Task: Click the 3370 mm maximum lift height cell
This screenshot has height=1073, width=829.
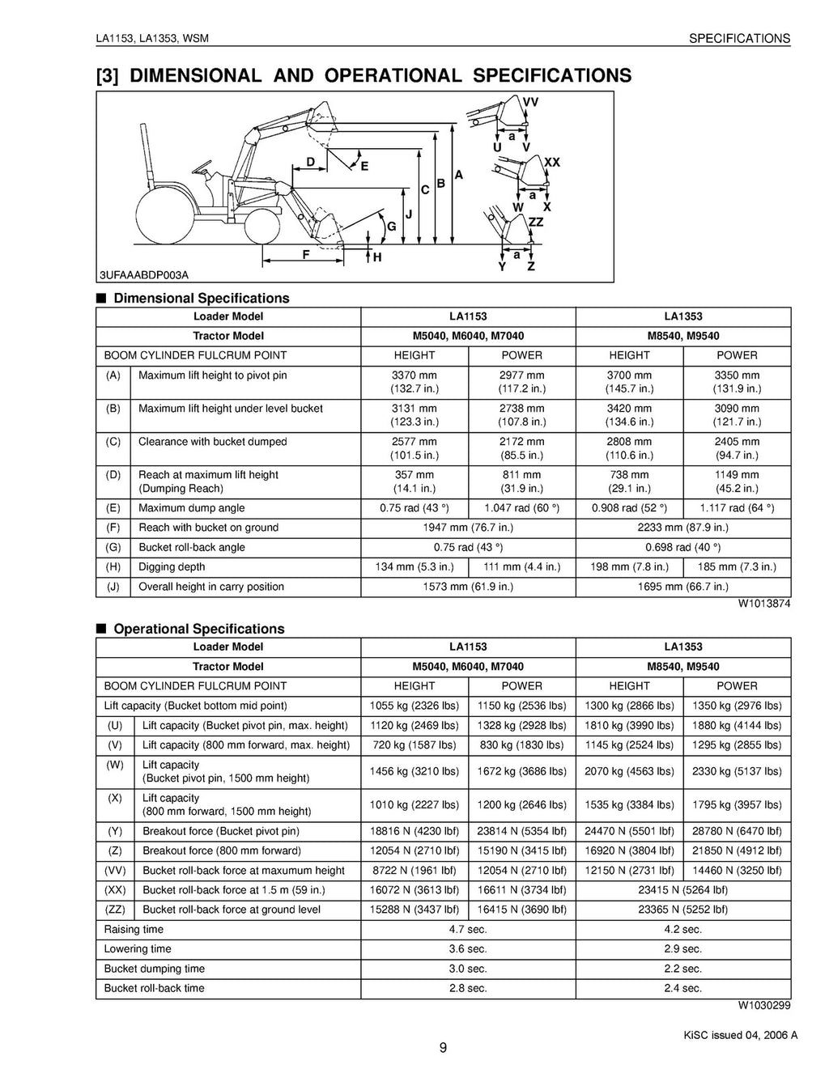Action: click(414, 382)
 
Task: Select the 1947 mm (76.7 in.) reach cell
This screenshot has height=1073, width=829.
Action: click(468, 528)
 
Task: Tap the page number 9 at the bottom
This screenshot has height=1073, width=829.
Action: click(443, 1049)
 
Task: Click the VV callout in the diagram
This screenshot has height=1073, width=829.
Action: click(530, 102)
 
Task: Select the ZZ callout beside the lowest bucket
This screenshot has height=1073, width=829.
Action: click(536, 222)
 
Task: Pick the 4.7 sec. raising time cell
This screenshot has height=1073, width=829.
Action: click(468, 930)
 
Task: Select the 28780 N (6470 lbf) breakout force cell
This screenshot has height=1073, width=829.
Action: click(737, 831)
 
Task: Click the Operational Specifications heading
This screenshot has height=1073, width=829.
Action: click(199, 629)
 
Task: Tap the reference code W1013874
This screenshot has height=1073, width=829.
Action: click(763, 604)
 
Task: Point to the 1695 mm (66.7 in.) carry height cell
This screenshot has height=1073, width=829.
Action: click(682, 587)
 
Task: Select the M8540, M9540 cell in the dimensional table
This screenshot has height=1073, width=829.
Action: click(682, 336)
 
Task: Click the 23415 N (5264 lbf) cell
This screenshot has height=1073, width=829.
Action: click(682, 890)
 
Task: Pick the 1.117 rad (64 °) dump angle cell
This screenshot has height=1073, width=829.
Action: click(737, 508)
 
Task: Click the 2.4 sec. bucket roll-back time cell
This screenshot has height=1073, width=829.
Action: click(682, 988)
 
